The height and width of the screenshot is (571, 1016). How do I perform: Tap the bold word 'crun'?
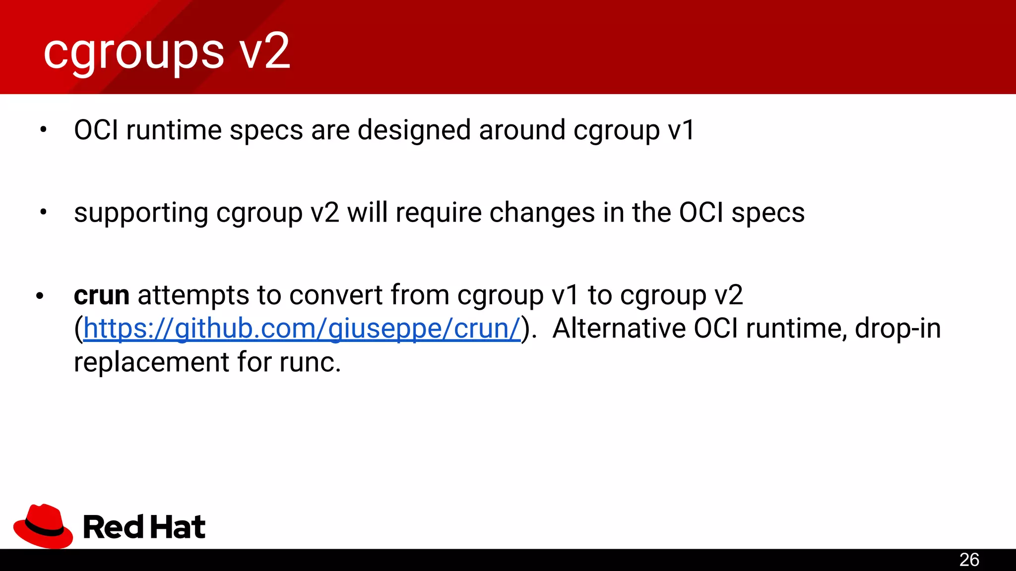tap(102, 295)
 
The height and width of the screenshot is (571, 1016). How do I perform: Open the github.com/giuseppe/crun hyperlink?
tap(302, 329)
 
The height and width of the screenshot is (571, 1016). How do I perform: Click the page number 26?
tap(969, 560)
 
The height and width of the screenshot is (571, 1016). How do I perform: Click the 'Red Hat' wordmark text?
tap(144, 527)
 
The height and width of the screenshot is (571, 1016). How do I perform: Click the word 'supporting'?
tap(140, 214)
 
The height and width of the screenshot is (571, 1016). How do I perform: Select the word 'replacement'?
tap(151, 362)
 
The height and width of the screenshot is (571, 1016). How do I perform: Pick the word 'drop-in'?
tap(897, 329)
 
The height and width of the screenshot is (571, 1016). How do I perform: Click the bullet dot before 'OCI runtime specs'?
tap(43, 130)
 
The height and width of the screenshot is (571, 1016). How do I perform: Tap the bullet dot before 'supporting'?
tap(43, 213)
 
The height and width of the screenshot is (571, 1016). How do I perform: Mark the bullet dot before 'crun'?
tap(40, 296)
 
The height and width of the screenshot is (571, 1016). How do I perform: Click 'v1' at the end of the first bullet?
tap(681, 130)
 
